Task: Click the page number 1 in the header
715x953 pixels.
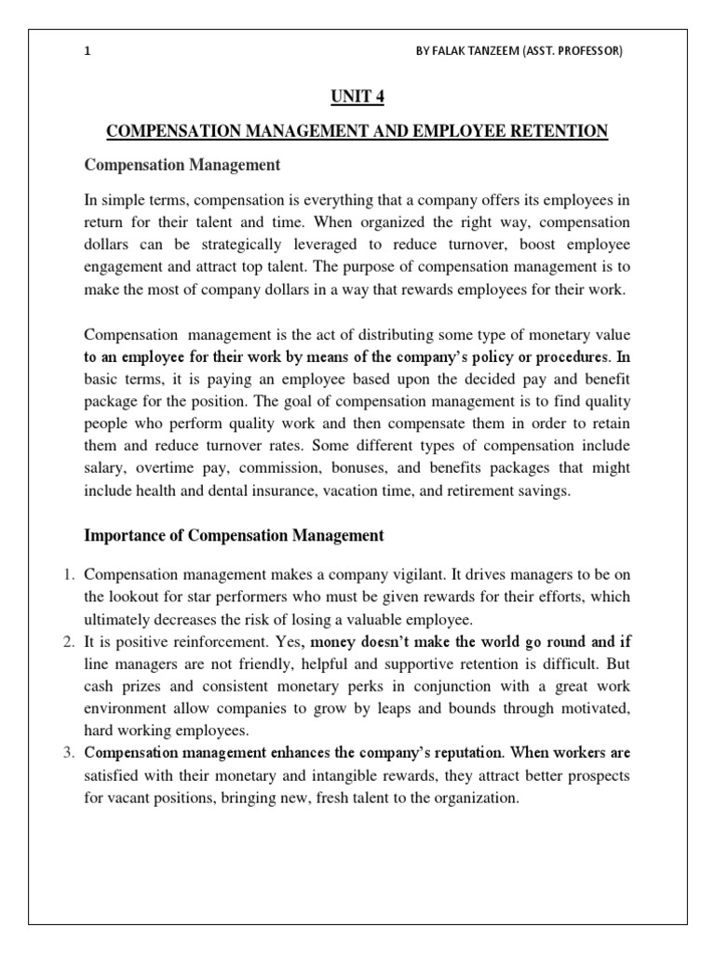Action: point(87,51)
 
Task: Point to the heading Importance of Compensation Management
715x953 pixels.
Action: point(234,535)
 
